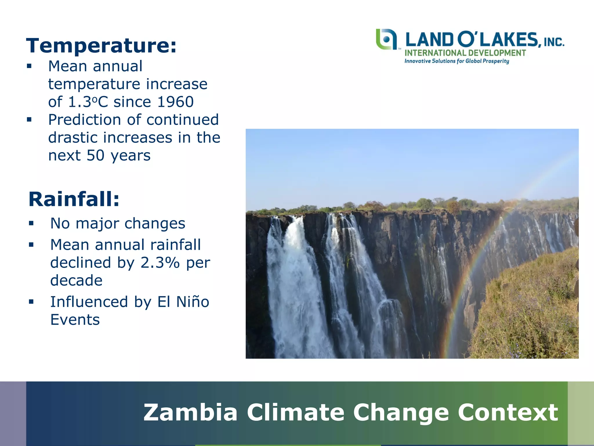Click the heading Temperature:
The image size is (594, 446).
click(x=101, y=46)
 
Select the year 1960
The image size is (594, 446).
click(x=175, y=102)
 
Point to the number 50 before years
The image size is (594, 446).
click(x=95, y=155)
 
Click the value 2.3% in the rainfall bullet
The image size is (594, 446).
click(x=160, y=262)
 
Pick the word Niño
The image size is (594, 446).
click(x=193, y=302)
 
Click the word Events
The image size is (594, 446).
click(x=75, y=320)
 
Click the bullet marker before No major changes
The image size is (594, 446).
click(x=31, y=223)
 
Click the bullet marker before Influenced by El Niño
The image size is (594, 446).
click(x=31, y=302)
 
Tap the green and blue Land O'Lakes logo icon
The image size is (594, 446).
click(x=386, y=39)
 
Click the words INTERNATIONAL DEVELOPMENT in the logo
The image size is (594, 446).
click(x=465, y=53)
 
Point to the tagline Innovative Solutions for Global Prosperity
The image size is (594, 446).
click(x=457, y=61)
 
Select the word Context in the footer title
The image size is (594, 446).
click(x=508, y=412)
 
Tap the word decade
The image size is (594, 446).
click(x=76, y=280)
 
